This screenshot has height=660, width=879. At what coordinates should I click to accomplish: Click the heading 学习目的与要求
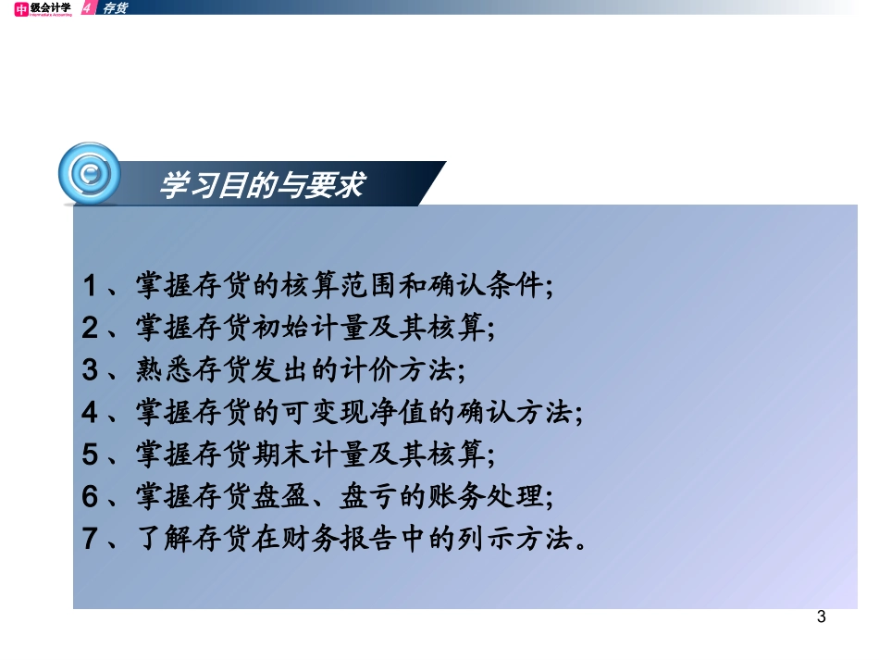pos(262,185)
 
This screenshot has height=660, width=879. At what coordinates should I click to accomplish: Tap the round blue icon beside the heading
pos(89,173)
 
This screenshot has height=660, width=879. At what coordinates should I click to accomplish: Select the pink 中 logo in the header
pos(22,9)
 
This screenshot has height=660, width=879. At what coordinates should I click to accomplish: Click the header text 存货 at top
pos(116,8)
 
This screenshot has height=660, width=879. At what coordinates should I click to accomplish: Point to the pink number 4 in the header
pos(87,8)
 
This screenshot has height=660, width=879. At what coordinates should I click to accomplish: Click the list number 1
pos(90,285)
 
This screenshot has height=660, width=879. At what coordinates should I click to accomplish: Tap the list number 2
pos(90,328)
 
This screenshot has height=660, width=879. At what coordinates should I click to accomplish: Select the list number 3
pos(90,370)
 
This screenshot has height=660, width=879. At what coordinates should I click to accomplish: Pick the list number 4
pos(90,413)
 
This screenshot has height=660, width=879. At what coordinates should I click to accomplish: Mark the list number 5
pos(90,455)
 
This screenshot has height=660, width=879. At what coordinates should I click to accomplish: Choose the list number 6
pos(90,498)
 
